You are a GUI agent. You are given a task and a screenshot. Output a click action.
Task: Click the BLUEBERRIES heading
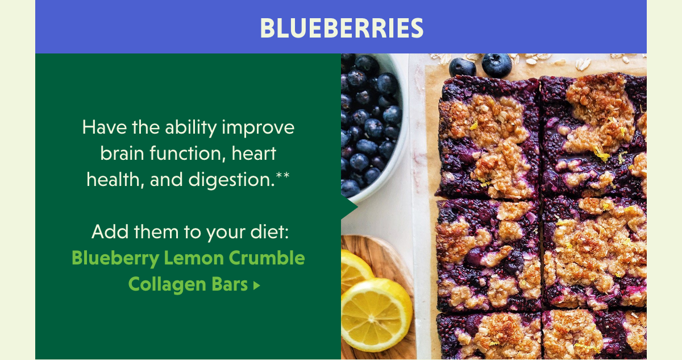pos(342,28)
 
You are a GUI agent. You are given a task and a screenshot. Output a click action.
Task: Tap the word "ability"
pos(190,128)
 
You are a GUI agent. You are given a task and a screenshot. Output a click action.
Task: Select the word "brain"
pos(122,153)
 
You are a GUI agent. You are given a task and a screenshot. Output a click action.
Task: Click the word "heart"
pos(254,153)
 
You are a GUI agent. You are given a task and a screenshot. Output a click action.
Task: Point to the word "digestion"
pos(232,180)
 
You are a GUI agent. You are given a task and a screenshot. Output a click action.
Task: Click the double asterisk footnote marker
pos(282,175)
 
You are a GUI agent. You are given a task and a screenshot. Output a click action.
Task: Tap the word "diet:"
pos(269,232)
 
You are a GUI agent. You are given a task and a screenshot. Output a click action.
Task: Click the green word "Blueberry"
pos(116,259)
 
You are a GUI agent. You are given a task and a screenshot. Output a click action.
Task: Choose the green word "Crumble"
pos(267,258)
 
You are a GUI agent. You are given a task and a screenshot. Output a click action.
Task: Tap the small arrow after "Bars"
pos(257,285)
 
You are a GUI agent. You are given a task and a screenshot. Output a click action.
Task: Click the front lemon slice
pos(377,315)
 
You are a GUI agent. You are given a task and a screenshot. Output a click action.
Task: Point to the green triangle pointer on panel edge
pos(350,207)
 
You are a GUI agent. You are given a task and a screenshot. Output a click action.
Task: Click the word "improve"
pos(258,128)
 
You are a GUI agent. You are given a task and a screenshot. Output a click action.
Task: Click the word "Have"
pos(105,127)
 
